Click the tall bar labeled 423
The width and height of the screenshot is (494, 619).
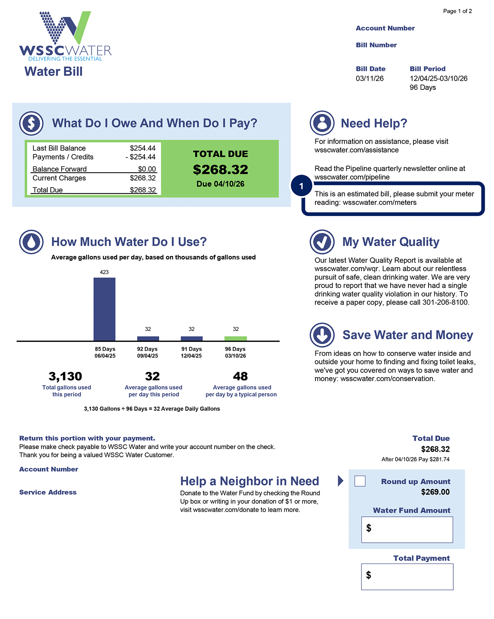pyautogui.click(x=104, y=309)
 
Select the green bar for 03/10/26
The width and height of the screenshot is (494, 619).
pyautogui.click(x=236, y=339)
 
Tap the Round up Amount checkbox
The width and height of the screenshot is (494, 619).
pyautogui.click(x=360, y=481)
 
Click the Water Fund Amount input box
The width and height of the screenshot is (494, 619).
pyautogui.click(x=407, y=529)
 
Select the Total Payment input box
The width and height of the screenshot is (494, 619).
pyautogui.click(x=407, y=576)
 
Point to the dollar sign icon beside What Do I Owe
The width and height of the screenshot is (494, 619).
pyautogui.click(x=31, y=123)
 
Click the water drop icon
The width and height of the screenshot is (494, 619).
pyautogui.click(x=31, y=242)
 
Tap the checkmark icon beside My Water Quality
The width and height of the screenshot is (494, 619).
pyautogui.click(x=322, y=242)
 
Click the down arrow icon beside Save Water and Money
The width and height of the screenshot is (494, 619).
pyautogui.click(x=322, y=335)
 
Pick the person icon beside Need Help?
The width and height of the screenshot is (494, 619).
pyautogui.click(x=322, y=123)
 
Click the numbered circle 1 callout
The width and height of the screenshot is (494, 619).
pyautogui.click(x=301, y=186)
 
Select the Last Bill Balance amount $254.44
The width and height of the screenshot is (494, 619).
pyautogui.click(x=143, y=148)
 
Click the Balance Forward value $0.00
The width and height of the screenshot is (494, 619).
pyautogui.click(x=147, y=169)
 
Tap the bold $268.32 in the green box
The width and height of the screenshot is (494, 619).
pyautogui.click(x=220, y=170)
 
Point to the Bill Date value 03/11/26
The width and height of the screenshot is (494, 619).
pyautogui.click(x=370, y=79)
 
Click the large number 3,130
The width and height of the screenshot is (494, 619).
pyautogui.click(x=65, y=376)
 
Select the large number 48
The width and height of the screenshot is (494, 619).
pyautogui.click(x=240, y=376)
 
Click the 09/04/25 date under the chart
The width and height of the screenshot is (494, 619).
pyautogui.click(x=148, y=356)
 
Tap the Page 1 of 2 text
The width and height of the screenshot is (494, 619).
pyautogui.click(x=457, y=11)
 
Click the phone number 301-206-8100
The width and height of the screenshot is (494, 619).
pyautogui.click(x=445, y=302)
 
